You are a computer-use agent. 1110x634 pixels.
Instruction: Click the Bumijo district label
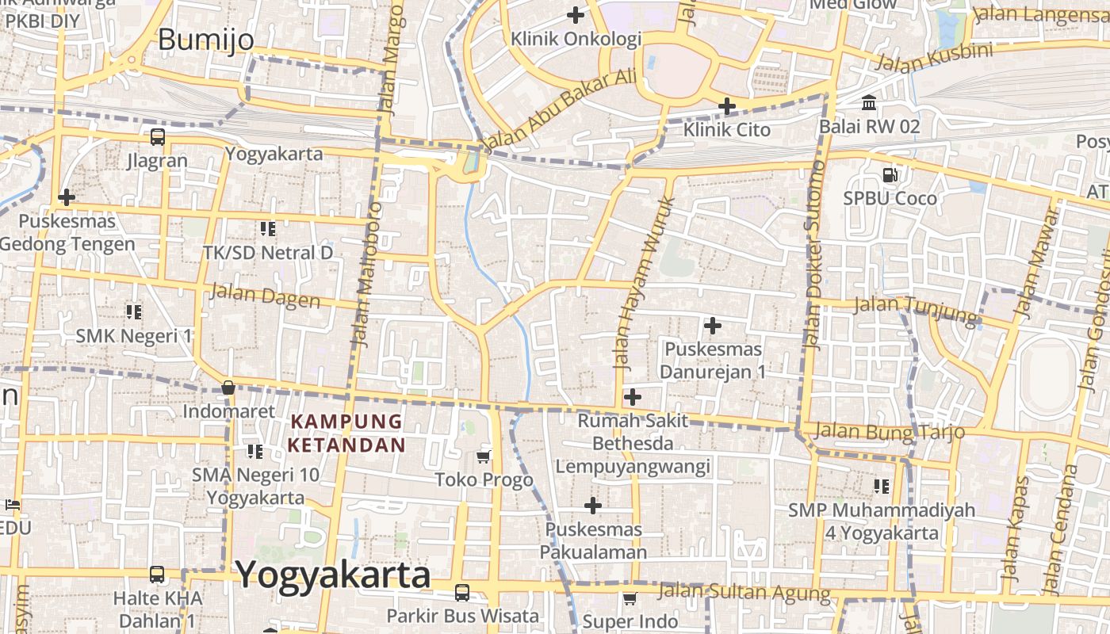(x=206, y=39)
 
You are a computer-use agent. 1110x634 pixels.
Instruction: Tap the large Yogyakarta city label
(x=333, y=575)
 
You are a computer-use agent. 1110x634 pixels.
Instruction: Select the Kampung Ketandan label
(x=346, y=433)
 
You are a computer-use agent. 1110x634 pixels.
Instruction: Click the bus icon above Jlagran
(x=158, y=136)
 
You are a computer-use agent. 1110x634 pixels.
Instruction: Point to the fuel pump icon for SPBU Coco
(x=890, y=174)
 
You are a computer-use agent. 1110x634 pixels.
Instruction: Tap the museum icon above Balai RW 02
(x=869, y=103)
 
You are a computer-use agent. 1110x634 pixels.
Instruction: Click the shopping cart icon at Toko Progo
(x=484, y=456)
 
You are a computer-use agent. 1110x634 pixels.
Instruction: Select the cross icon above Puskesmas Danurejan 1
(x=712, y=325)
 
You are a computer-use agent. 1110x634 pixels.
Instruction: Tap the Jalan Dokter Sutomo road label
(x=814, y=254)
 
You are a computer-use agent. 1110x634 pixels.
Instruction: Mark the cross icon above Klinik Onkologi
(x=576, y=14)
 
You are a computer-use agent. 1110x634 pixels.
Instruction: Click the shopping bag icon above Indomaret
(x=228, y=388)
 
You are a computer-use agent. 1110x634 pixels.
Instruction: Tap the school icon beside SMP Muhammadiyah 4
(x=881, y=486)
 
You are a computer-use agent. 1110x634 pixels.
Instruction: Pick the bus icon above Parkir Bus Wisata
(x=461, y=592)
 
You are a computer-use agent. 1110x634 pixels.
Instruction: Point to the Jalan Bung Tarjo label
(x=889, y=432)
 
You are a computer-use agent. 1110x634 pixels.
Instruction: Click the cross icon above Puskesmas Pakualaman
(x=592, y=505)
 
